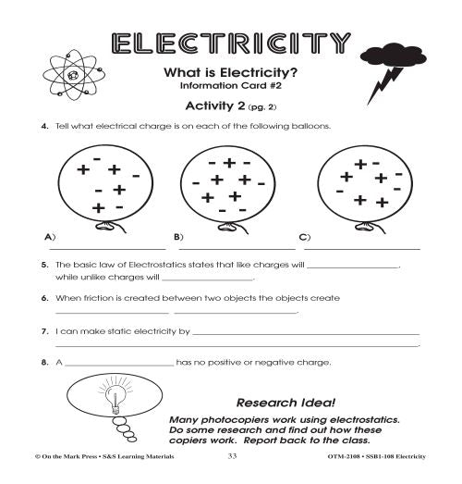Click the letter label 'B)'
pyautogui.click(x=178, y=237)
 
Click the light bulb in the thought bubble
pyautogui.click(x=115, y=400)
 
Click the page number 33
pyautogui.click(x=232, y=456)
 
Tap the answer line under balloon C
pyautogui.click(x=362, y=248)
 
